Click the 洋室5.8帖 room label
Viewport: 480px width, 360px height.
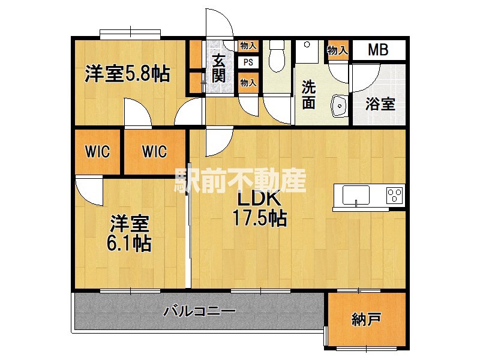pos(127,74)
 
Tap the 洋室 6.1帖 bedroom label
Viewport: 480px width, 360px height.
pos(130,234)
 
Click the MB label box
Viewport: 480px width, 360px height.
pos(378,50)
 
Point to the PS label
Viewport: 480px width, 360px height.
pos(248,62)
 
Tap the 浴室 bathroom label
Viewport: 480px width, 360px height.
pos(380,104)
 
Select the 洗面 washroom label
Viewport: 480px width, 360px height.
pos(308,94)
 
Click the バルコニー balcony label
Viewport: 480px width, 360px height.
pos(199,311)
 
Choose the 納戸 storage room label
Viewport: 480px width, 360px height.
pos(366,320)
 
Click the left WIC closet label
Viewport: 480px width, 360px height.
pos(97,152)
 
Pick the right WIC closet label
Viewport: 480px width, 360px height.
pos(154,152)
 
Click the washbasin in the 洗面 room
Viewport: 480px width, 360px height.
pos(340,106)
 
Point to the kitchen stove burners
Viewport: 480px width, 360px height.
pos(394,194)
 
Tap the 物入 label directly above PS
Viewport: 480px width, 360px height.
pos(248,46)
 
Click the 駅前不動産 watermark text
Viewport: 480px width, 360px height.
pos(240,179)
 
